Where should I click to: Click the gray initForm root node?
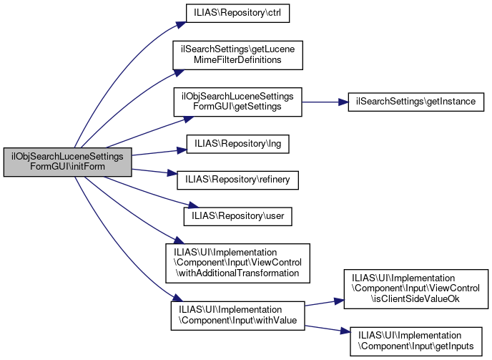[68, 162]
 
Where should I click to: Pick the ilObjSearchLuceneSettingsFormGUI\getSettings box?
[237, 102]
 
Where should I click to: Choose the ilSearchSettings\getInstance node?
[415, 102]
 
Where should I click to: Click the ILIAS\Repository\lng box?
[238, 143]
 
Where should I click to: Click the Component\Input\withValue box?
[237, 316]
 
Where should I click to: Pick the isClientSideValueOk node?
[415, 289]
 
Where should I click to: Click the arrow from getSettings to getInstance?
[325, 102]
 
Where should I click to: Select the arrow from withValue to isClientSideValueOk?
[323, 302]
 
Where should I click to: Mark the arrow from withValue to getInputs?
[323, 328]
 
